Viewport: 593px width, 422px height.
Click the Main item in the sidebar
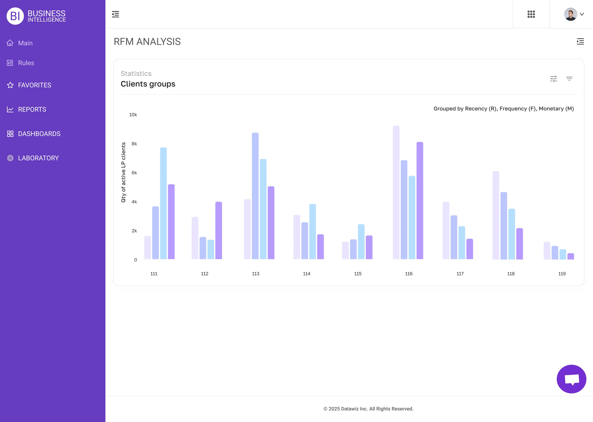pyautogui.click(x=25, y=43)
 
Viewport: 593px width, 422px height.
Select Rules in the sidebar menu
pyautogui.click(x=26, y=63)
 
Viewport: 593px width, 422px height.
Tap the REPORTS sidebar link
pyautogui.click(x=32, y=109)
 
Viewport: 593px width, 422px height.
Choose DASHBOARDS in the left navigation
pyautogui.click(x=39, y=134)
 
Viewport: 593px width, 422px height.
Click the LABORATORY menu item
pyautogui.click(x=38, y=158)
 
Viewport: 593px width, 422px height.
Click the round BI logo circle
pyautogui.click(x=15, y=16)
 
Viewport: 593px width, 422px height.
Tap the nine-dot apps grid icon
pyautogui.click(x=531, y=14)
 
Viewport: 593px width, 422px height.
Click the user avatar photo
pyautogui.click(x=570, y=14)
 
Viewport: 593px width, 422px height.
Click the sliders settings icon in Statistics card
pyautogui.click(x=553, y=79)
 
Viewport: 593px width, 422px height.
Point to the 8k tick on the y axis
pyautogui.click(x=134, y=144)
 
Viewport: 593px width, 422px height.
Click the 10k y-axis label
pyautogui.click(x=133, y=115)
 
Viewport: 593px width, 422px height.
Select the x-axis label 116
pyautogui.click(x=409, y=274)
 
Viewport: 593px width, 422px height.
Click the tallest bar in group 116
pyautogui.click(x=396, y=192)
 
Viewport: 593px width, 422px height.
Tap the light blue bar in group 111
pyautogui.click(x=163, y=203)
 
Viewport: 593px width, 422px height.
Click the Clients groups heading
pyautogui.click(x=148, y=84)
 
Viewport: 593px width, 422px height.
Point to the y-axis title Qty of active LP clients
pyautogui.click(x=123, y=172)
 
